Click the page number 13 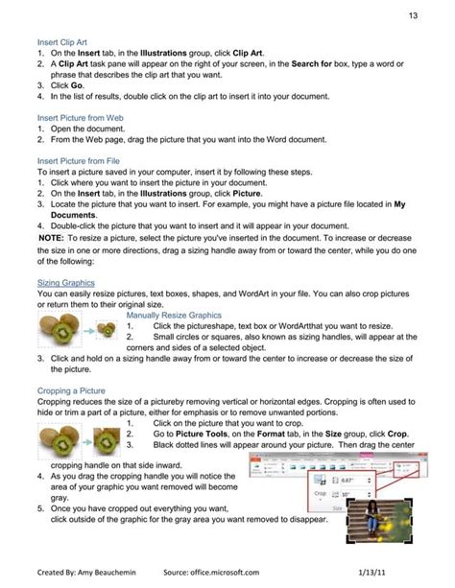[412, 15]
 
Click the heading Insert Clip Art [63, 43]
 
